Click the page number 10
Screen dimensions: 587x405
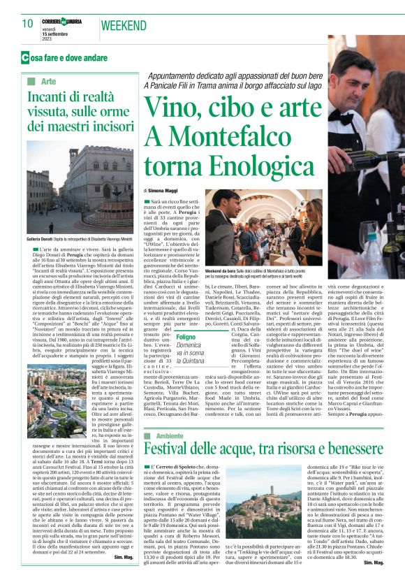(x=28, y=24)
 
